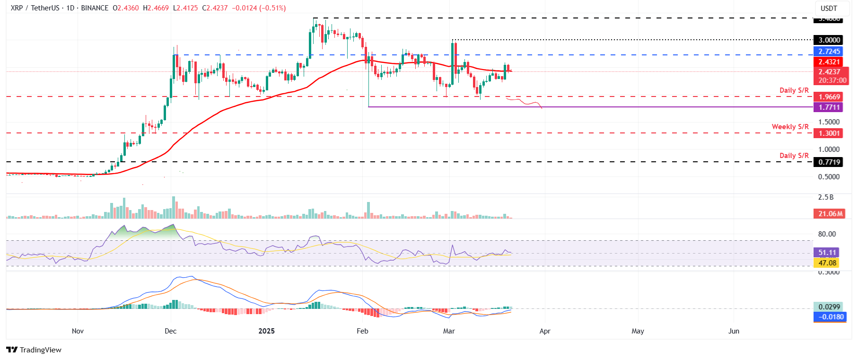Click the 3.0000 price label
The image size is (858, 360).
point(829,40)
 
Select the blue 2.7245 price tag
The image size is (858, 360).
point(829,52)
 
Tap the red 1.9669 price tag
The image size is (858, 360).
point(829,97)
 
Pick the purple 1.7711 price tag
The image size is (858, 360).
point(829,107)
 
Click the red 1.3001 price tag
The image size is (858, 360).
point(829,133)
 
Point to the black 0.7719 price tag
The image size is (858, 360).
point(829,162)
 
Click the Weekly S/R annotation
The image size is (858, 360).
point(790,127)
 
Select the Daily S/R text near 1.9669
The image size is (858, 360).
point(794,90)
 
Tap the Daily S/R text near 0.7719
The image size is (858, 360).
point(794,156)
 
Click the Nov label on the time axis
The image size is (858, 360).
point(78,331)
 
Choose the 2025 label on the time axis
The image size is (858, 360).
point(266,331)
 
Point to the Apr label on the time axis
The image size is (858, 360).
point(545,331)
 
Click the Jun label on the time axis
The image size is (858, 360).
point(734,331)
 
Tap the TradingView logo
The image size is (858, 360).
point(34,350)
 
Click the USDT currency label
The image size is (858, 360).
point(829,9)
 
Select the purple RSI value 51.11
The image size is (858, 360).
point(827,253)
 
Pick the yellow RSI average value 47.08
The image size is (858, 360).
point(827,263)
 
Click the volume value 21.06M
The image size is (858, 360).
point(830,214)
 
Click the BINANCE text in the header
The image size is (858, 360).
point(95,8)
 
